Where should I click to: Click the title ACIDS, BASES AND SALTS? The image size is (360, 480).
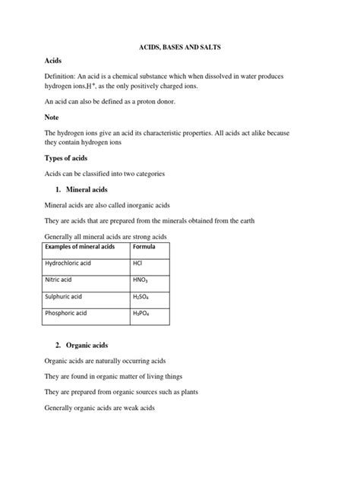point(180,47)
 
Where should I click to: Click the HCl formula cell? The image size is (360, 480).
point(138,263)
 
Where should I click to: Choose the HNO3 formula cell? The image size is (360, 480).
point(141,280)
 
